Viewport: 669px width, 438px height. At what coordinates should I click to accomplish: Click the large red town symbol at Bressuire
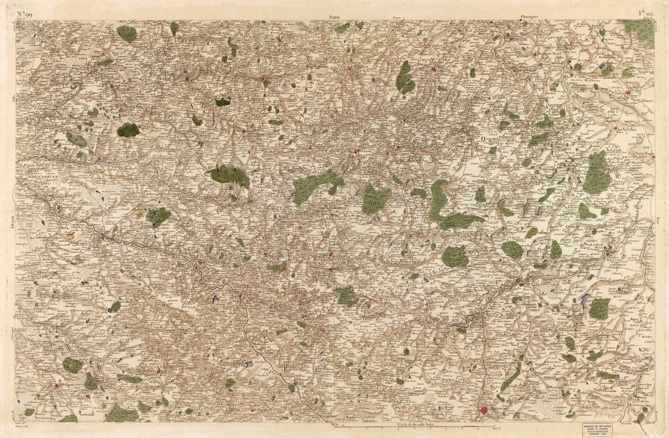[484, 411]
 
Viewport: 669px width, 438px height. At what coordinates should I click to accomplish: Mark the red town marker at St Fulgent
[57, 385]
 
